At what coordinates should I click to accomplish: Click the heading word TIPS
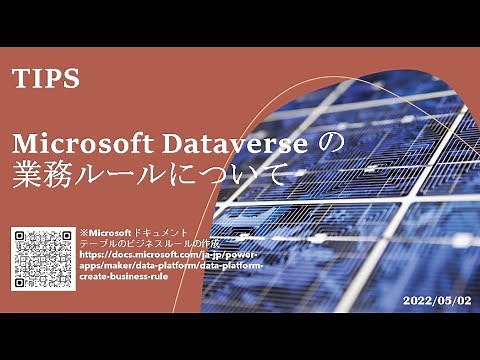46,80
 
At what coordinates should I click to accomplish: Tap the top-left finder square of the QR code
22,237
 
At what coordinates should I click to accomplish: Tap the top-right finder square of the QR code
63,237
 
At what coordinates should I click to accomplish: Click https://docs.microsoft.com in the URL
134,255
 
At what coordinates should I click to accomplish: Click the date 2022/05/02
435,299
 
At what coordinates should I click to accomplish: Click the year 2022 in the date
417,299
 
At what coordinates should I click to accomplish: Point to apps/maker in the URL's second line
105,266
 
